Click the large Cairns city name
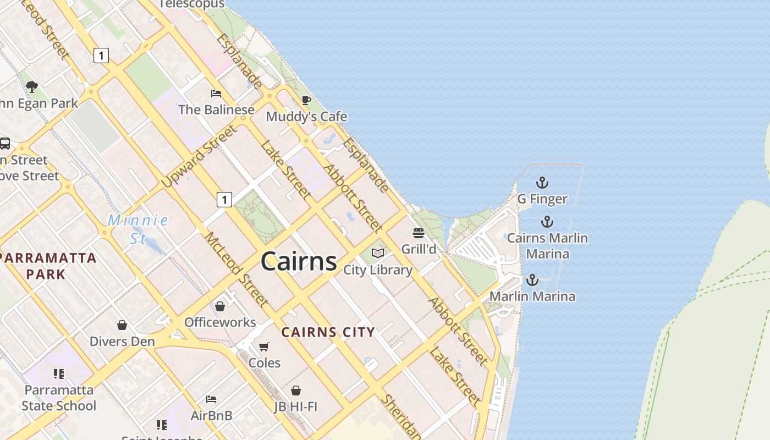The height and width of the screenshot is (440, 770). click(299, 261)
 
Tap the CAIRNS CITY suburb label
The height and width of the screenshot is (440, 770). click(328, 332)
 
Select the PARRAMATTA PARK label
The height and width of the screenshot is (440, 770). click(48, 266)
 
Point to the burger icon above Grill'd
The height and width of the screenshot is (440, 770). click(419, 233)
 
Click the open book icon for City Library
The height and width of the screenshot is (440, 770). click(378, 253)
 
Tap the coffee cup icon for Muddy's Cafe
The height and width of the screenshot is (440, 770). click(306, 100)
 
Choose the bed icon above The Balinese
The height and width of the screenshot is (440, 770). click(216, 94)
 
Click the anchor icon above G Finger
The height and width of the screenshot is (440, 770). click(542, 183)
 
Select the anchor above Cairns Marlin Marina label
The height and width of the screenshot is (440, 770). click(547, 222)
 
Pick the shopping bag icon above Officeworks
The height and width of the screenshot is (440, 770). click(220, 306)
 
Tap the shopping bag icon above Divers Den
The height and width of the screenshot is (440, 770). click(122, 325)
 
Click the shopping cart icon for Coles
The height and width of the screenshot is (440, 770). click(264, 346)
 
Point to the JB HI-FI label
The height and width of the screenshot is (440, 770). click(296, 406)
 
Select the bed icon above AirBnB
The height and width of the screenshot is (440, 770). click(211, 399)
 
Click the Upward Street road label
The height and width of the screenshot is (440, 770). click(200, 156)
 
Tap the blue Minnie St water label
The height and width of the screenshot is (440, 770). click(138, 229)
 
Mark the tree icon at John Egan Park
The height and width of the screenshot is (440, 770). click(32, 86)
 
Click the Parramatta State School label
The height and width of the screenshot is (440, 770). click(59, 398)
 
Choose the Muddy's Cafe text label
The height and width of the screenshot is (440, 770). click(306, 117)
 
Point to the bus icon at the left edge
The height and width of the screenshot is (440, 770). click(5, 144)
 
